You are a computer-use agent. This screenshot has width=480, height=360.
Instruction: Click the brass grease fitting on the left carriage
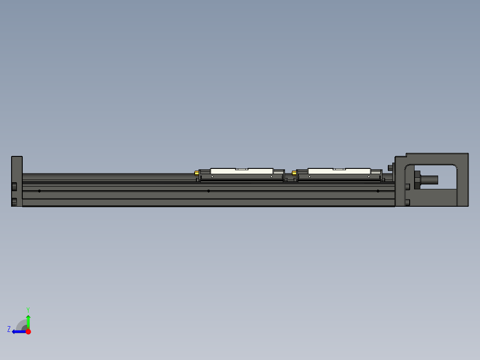pos(196,173)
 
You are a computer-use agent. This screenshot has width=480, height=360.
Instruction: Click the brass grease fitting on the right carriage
pos(294,173)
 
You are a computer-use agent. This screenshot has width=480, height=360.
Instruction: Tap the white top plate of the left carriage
pos(241,171)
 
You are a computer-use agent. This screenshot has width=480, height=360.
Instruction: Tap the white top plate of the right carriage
pos(339,171)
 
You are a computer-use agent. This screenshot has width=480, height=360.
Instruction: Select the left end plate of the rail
pos(17,181)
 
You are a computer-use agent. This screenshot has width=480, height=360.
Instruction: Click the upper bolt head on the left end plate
pos(14,186)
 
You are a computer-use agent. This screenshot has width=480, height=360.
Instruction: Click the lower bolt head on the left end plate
pos(14,202)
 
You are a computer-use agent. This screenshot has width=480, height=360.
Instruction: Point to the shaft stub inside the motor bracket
pos(430,180)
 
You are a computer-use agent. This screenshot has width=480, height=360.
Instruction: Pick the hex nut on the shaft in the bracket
pos(417,180)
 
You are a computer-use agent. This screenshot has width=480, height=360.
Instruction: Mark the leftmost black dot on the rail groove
pos(40,191)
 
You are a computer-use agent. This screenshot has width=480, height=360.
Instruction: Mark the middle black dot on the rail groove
pos(208,191)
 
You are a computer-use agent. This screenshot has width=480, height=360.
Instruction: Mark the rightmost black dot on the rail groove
pos(378,191)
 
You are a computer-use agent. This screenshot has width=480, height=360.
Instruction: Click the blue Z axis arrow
pos(18,331)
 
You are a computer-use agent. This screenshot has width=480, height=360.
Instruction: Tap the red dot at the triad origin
pos(28,331)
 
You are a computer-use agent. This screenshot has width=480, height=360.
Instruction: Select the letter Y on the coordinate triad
pos(28,309)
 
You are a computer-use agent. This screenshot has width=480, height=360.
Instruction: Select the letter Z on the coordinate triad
pos(9,329)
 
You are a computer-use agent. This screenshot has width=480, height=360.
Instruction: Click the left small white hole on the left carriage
pos(212,177)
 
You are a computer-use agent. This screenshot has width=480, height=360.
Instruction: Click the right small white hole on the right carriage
pos(369,177)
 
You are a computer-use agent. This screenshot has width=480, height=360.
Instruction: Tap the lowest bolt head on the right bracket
pos(408,203)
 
